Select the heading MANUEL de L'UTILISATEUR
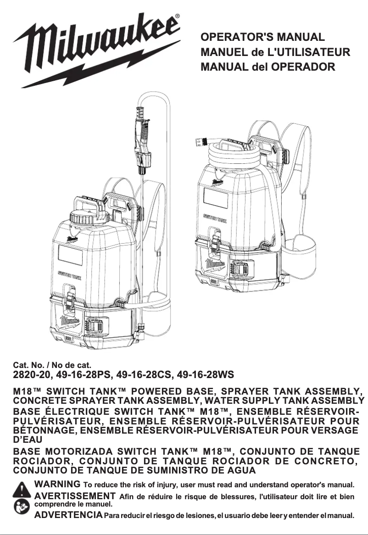point(275,52)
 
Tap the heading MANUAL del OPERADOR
point(268,67)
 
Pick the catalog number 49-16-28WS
point(204,375)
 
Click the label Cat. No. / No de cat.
point(52,365)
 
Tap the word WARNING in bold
point(57,484)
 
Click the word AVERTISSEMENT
point(75,496)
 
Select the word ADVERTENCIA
point(68,515)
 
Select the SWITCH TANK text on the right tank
point(214,219)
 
